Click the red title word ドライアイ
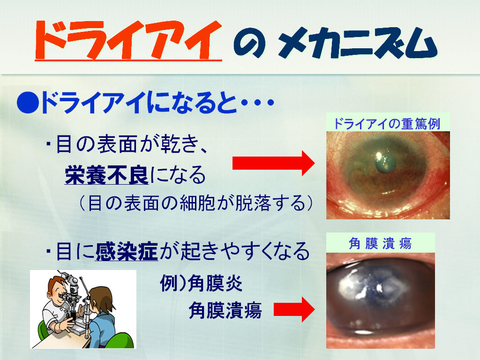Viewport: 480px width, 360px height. [x=128, y=40]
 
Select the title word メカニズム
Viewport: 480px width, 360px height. [x=358, y=43]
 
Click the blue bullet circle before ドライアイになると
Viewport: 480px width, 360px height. [x=28, y=103]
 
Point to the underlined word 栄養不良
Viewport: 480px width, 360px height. [x=106, y=175]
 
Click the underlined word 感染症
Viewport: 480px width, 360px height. [x=127, y=251]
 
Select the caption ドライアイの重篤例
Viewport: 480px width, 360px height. [x=387, y=123]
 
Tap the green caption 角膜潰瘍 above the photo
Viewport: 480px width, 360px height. [x=380, y=244]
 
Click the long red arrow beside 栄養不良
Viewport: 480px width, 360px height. [x=273, y=163]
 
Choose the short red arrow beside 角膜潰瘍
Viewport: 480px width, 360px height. [x=294, y=309]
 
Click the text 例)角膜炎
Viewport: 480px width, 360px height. [x=201, y=283]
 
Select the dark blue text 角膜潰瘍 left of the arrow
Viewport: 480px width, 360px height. [x=225, y=310]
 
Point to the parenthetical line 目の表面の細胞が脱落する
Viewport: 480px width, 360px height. [x=196, y=202]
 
